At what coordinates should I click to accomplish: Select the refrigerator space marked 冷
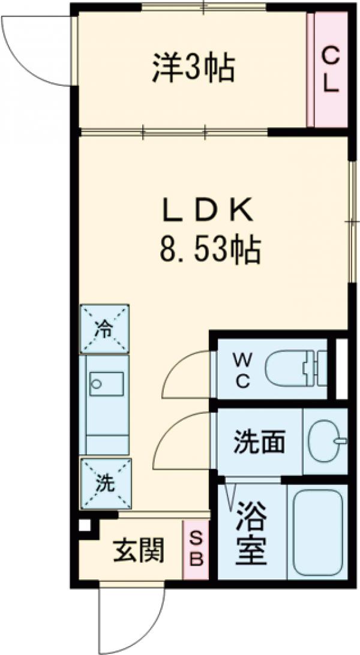click(105, 329)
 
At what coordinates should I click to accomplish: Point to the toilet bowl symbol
click(294, 368)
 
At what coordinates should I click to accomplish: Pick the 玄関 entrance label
click(139, 551)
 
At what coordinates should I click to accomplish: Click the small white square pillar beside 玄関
click(85, 525)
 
